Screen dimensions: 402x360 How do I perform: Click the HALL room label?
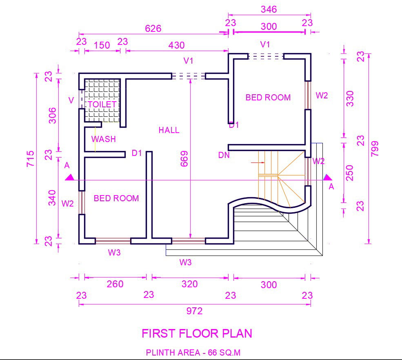click(x=169, y=130)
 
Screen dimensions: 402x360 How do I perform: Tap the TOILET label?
click(x=102, y=104)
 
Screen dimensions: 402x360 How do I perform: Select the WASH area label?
click(x=104, y=139)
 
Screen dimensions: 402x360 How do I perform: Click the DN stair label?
click(x=224, y=155)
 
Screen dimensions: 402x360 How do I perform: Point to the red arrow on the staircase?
click(x=258, y=162)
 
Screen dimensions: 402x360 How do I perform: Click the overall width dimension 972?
click(x=194, y=311)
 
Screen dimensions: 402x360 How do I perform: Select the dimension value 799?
click(x=375, y=149)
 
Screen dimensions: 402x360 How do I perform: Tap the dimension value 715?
click(x=30, y=159)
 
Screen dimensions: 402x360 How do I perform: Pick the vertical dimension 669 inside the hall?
click(x=184, y=159)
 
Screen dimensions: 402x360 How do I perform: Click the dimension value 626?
click(x=153, y=29)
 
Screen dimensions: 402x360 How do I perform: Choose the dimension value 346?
click(x=269, y=9)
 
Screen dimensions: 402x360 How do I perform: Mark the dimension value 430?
click(x=176, y=45)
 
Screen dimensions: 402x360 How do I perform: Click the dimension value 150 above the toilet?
click(x=102, y=45)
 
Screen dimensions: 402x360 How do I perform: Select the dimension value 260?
click(x=115, y=284)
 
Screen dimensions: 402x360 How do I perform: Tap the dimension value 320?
click(x=189, y=284)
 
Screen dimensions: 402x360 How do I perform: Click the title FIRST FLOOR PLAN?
click(x=197, y=333)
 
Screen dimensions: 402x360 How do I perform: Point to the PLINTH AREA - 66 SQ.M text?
click(x=193, y=353)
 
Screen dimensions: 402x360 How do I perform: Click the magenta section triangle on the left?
click(x=69, y=178)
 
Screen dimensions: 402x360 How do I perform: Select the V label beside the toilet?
click(x=71, y=100)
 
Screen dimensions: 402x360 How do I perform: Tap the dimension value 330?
click(x=350, y=98)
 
